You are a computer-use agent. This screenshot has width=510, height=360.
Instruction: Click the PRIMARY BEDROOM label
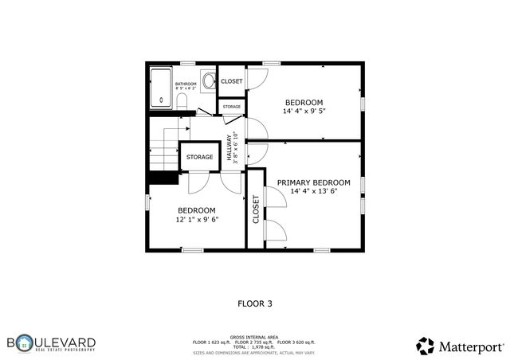pos(313,182)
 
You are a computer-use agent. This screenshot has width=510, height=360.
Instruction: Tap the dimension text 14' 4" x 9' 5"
pos(304,112)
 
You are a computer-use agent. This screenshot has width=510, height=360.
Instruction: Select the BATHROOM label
pos(186,84)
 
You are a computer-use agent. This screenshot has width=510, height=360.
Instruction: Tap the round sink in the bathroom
pos(208,80)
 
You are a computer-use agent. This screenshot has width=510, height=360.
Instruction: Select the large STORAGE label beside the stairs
pos(199,157)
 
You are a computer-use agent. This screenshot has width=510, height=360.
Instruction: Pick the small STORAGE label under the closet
pos(231,107)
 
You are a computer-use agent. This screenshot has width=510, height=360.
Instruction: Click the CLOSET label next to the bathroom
pos(232,81)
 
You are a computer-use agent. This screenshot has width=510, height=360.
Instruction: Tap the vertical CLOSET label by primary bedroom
pos(256,209)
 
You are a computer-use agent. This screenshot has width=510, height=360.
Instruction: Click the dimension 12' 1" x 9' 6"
pos(197,219)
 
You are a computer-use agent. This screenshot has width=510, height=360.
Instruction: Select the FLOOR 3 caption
pos(255,303)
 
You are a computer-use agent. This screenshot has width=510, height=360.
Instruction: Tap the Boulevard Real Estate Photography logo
pos(52,343)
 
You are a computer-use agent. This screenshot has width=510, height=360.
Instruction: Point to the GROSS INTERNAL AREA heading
pos(254,337)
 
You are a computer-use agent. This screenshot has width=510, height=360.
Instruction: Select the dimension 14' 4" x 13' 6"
pos(313,191)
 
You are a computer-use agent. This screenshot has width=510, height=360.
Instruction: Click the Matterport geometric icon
pos(426,346)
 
